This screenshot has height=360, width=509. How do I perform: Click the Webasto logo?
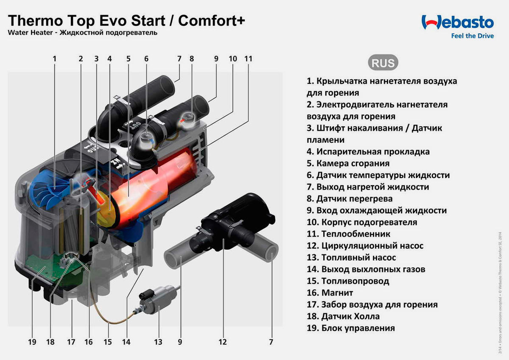tap(457, 22)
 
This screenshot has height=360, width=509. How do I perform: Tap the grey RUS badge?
tap(383, 63)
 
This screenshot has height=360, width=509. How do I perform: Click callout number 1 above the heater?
tap(54, 59)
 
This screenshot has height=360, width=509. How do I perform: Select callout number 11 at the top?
tap(248, 59)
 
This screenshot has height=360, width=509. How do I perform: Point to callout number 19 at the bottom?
tap(33, 342)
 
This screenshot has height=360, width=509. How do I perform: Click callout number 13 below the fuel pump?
tap(158, 342)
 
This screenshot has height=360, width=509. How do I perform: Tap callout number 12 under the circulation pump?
tap(223, 342)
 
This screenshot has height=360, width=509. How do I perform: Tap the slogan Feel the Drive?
tap(472, 36)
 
